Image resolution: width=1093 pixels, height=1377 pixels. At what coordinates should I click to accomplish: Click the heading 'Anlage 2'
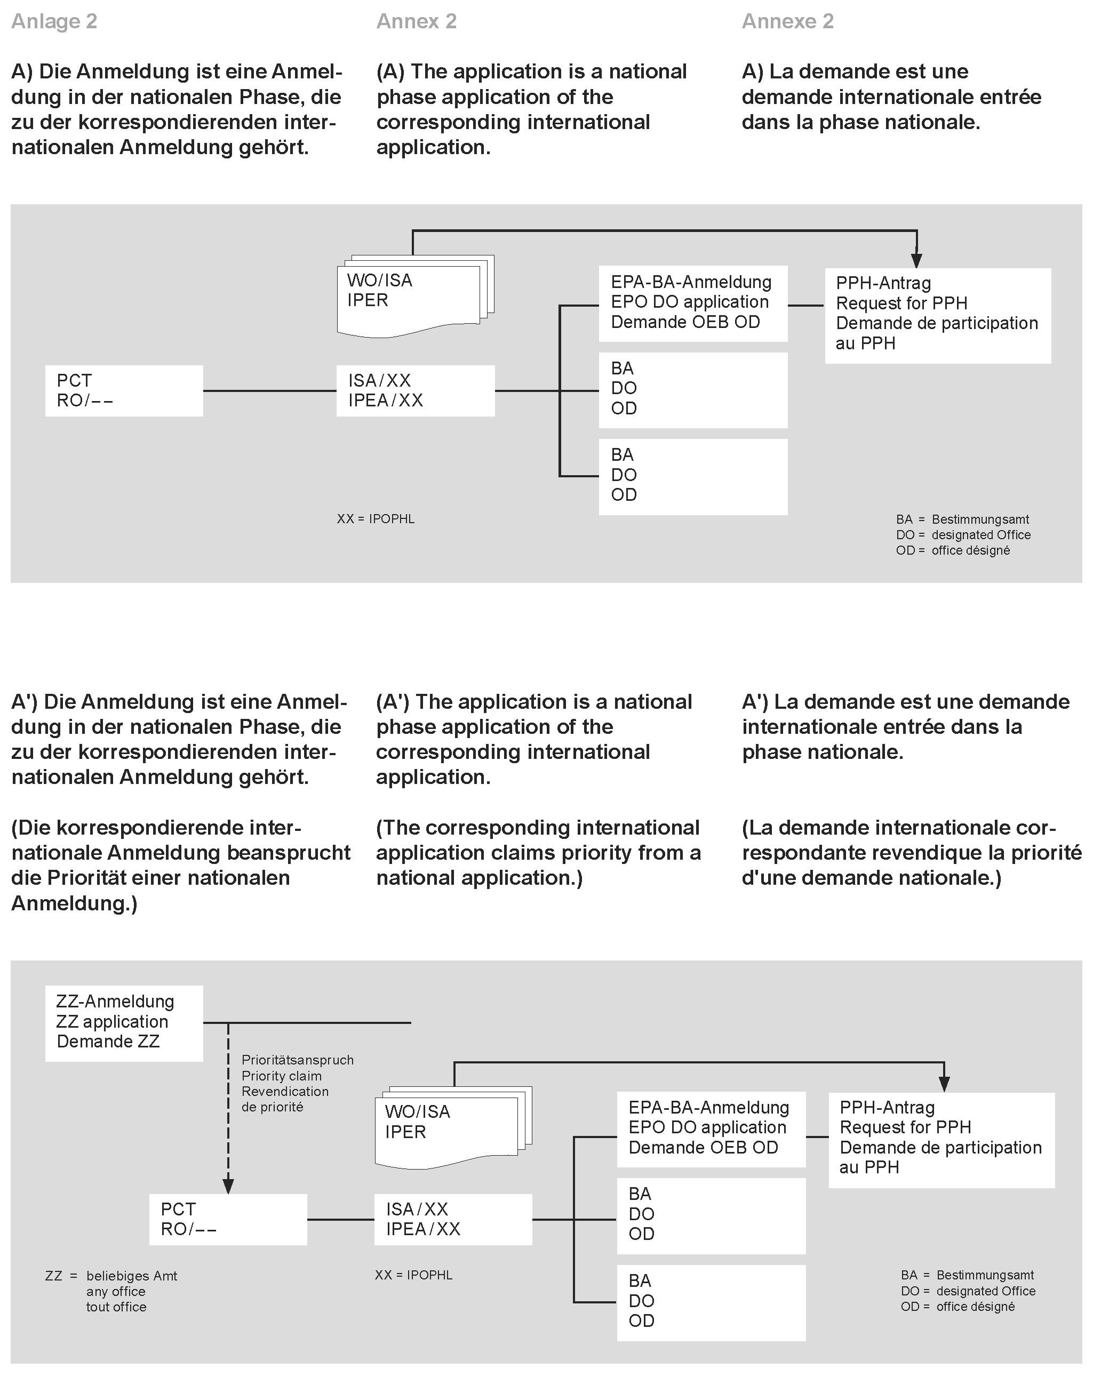(54, 22)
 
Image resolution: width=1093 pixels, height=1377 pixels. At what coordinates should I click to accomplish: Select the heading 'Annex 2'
(416, 22)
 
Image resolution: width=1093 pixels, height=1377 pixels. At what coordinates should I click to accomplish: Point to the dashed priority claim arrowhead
(228, 1186)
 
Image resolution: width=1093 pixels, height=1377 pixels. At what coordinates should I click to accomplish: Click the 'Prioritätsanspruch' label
(297, 1060)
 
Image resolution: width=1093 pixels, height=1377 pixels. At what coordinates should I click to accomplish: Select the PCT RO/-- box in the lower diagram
(228, 1219)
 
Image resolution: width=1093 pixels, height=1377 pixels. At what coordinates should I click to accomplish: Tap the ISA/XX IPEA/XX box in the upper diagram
(415, 390)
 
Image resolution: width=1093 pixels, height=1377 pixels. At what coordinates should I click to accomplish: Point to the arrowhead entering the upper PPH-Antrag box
(916, 260)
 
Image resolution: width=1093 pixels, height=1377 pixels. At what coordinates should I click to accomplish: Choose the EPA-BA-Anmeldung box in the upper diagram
(692, 303)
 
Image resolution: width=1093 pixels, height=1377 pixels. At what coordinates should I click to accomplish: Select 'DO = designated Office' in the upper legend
(963, 535)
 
